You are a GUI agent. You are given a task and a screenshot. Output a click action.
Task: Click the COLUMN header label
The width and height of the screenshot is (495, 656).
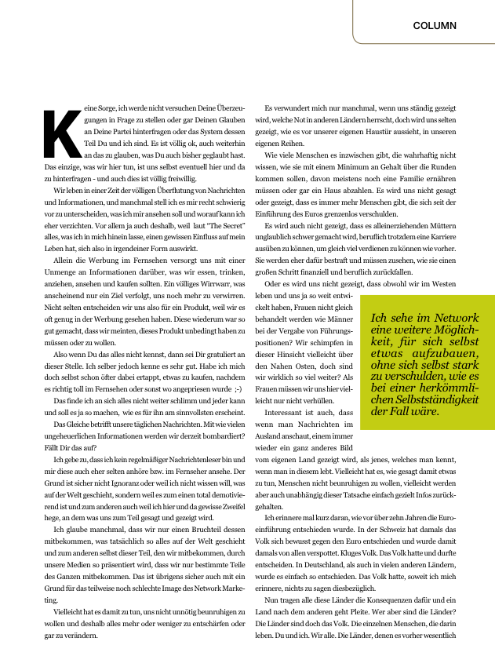pyautogui.click(x=435, y=26)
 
